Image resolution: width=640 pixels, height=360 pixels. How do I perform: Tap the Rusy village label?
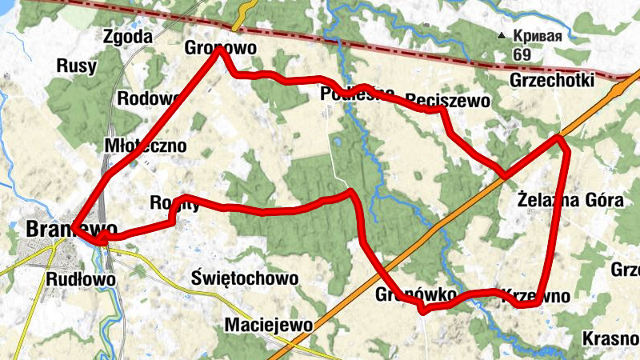click(77, 66)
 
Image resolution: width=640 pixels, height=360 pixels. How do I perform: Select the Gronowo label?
click(220, 48)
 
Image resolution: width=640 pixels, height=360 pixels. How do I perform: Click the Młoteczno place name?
click(146, 146)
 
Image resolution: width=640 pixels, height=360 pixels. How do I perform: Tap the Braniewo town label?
click(61, 229)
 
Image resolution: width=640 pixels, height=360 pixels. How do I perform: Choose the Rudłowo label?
click(81, 280)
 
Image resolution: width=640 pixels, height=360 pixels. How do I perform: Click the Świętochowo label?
click(246, 278)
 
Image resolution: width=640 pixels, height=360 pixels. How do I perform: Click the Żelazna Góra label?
click(570, 200)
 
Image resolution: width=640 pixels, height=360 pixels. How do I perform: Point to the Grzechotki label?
click(551, 81)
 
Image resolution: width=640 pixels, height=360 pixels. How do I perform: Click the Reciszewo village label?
click(446, 100)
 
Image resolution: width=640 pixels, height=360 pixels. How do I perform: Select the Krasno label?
click(610, 338)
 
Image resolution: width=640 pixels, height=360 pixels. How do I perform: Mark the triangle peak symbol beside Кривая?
click(502, 36)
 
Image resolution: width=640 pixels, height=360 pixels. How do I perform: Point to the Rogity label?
click(174, 203)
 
